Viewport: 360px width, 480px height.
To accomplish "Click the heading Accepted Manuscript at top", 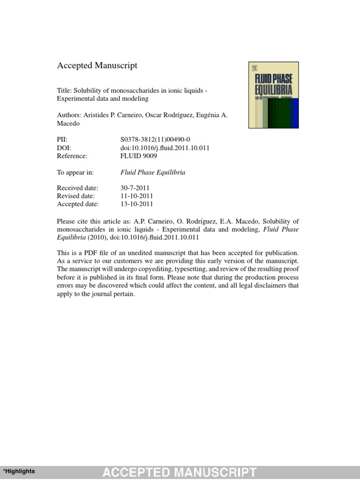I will point(97,66).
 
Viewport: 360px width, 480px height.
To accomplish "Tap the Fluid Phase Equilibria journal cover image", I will point(274,95).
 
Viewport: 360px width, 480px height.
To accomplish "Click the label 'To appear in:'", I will point(75,172).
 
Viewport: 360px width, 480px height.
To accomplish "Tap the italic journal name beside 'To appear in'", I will point(153,172).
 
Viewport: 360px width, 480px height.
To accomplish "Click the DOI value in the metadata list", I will point(165,148).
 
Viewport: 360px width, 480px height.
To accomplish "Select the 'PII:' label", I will point(63,139).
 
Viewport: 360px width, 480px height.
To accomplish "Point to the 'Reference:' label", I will point(72,156).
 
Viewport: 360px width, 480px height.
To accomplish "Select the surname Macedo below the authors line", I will point(68,124).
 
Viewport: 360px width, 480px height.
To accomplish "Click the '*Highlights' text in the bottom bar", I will point(19,471).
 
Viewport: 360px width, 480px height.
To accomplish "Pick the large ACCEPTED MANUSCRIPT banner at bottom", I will point(180,472).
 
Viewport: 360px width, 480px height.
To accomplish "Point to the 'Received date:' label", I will point(77,187).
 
